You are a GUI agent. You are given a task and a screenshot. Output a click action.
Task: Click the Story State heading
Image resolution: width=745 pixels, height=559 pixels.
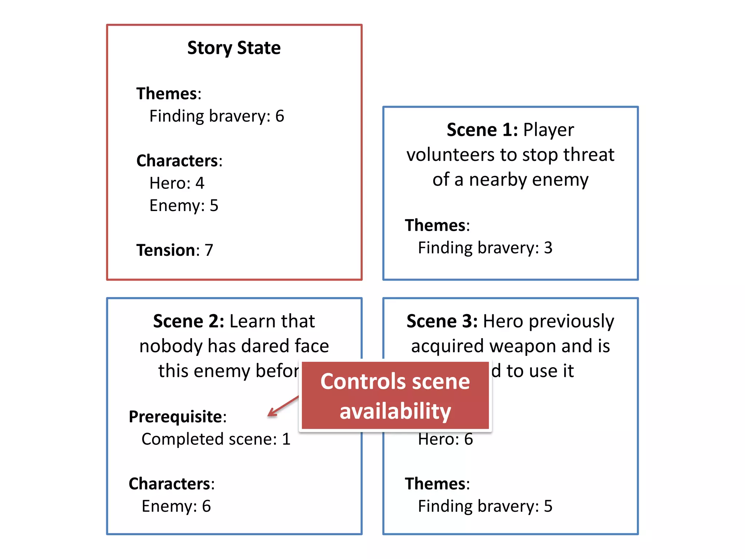point(234,48)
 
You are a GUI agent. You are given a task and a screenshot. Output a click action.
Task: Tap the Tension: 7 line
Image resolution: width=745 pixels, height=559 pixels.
point(175,250)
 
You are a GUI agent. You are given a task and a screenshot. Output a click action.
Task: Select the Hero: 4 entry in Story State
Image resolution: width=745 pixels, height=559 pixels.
point(177,183)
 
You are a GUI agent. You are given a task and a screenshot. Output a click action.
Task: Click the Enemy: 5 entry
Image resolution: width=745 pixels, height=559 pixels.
point(184,206)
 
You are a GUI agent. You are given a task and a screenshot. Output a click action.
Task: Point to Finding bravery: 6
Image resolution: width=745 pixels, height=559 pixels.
point(217,116)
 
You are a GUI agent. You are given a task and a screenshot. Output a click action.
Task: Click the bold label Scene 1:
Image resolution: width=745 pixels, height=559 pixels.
point(482,130)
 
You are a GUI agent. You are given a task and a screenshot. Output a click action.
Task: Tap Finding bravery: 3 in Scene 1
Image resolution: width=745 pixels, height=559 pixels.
point(485,248)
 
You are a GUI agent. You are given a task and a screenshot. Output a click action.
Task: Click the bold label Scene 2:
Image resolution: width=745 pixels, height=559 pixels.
point(188,321)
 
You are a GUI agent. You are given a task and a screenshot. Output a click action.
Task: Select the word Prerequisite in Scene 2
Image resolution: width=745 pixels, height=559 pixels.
point(175,417)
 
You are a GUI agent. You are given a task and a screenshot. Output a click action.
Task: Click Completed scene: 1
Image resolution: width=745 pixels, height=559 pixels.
point(216,439)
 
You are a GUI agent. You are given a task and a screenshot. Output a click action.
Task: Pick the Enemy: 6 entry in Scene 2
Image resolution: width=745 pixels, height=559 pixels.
point(176,506)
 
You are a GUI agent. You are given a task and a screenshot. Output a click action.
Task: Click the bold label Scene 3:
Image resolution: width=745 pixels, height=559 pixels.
point(442,321)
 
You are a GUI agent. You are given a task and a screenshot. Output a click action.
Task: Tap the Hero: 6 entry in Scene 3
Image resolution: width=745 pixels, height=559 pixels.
point(445,439)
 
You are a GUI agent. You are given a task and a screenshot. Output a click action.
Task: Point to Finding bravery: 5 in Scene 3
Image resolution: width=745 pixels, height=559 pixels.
point(485,506)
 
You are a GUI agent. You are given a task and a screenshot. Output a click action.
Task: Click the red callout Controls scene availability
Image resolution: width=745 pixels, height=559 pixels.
point(395,396)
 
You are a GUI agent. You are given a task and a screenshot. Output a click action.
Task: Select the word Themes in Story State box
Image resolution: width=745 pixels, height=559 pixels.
point(167,94)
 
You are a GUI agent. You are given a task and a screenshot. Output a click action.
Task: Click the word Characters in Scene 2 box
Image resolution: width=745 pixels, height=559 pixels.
point(170,484)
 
